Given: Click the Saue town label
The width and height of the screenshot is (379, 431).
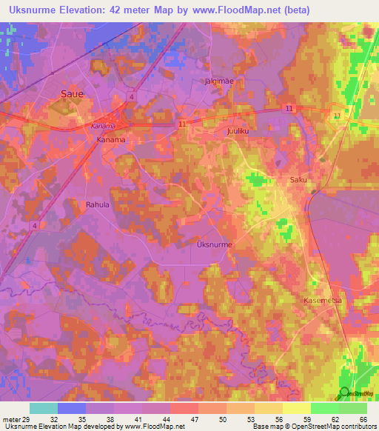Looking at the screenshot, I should pyautogui.click(x=71, y=94).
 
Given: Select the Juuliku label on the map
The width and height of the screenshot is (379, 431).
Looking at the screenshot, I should pyautogui.click(x=235, y=130).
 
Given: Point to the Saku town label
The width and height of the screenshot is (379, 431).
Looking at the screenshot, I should pyautogui.click(x=298, y=180).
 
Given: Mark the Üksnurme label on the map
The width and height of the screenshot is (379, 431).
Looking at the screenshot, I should pyautogui.click(x=215, y=244).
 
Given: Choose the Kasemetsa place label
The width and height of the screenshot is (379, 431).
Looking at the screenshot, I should pyautogui.click(x=322, y=301).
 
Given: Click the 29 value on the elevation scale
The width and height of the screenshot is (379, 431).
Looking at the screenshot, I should pyautogui.click(x=28, y=419).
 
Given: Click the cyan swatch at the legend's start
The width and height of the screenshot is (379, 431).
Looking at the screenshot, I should pyautogui.click(x=43, y=408).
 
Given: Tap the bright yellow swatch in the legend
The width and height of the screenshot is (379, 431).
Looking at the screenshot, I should pyautogui.click(x=295, y=408).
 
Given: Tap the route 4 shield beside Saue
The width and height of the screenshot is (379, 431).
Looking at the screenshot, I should pyautogui.click(x=131, y=96).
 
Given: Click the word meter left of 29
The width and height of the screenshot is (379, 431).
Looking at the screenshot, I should pyautogui.click(x=11, y=419).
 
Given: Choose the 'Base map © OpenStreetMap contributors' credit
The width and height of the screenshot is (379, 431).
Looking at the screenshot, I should pyautogui.click(x=315, y=427).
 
